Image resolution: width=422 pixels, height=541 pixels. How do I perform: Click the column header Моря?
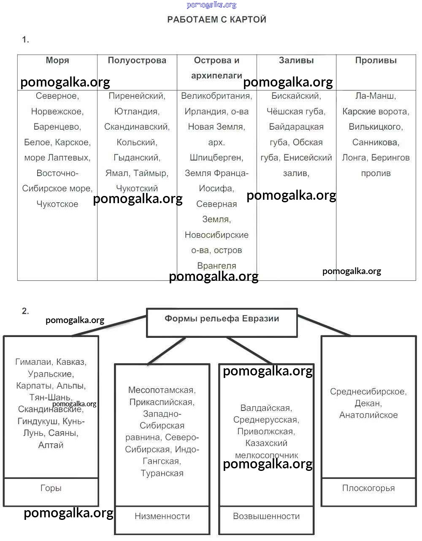57,60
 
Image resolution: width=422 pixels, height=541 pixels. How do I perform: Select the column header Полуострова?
137,60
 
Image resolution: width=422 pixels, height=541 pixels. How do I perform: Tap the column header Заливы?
296,60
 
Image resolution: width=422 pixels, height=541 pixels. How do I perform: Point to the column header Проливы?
376,60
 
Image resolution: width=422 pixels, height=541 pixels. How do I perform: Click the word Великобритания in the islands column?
216,96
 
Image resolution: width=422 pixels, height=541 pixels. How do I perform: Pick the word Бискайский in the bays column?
296,96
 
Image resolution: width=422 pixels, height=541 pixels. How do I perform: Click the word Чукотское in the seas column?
57,204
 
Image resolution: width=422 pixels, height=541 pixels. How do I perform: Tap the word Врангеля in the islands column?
216,266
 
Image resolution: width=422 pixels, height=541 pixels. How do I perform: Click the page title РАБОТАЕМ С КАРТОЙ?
216,19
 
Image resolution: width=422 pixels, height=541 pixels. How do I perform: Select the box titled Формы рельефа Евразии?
222,319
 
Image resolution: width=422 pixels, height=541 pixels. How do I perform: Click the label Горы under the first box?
51,488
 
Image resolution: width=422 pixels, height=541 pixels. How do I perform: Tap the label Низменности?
162,516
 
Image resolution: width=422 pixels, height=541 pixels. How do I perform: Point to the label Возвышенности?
266,516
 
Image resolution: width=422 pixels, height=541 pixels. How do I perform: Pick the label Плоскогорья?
368,488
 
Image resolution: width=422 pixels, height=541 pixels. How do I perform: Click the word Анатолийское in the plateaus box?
368,415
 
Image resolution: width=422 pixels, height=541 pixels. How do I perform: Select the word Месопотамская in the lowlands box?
162,390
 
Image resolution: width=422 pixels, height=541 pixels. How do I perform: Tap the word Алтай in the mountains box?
51,445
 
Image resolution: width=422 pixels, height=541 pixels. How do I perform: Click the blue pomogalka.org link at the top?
211,5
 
